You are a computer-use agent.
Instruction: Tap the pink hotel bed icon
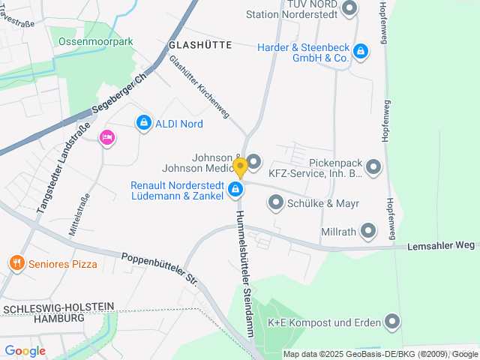click(106, 137)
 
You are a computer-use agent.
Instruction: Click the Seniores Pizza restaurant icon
click(16, 262)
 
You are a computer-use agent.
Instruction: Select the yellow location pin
click(240, 166)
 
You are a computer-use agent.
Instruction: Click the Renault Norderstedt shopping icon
click(236, 190)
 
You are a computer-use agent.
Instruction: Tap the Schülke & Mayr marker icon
click(276, 202)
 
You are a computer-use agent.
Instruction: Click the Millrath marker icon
click(368, 231)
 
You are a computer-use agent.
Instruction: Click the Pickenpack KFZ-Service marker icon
click(373, 166)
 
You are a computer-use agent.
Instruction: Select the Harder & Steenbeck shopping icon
click(361, 51)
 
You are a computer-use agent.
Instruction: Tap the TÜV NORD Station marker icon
click(349, 9)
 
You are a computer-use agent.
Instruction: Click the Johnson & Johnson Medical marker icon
click(253, 161)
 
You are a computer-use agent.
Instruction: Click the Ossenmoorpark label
click(95, 41)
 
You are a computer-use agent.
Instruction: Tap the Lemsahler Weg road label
click(442, 245)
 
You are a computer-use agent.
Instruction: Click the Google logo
click(25, 350)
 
